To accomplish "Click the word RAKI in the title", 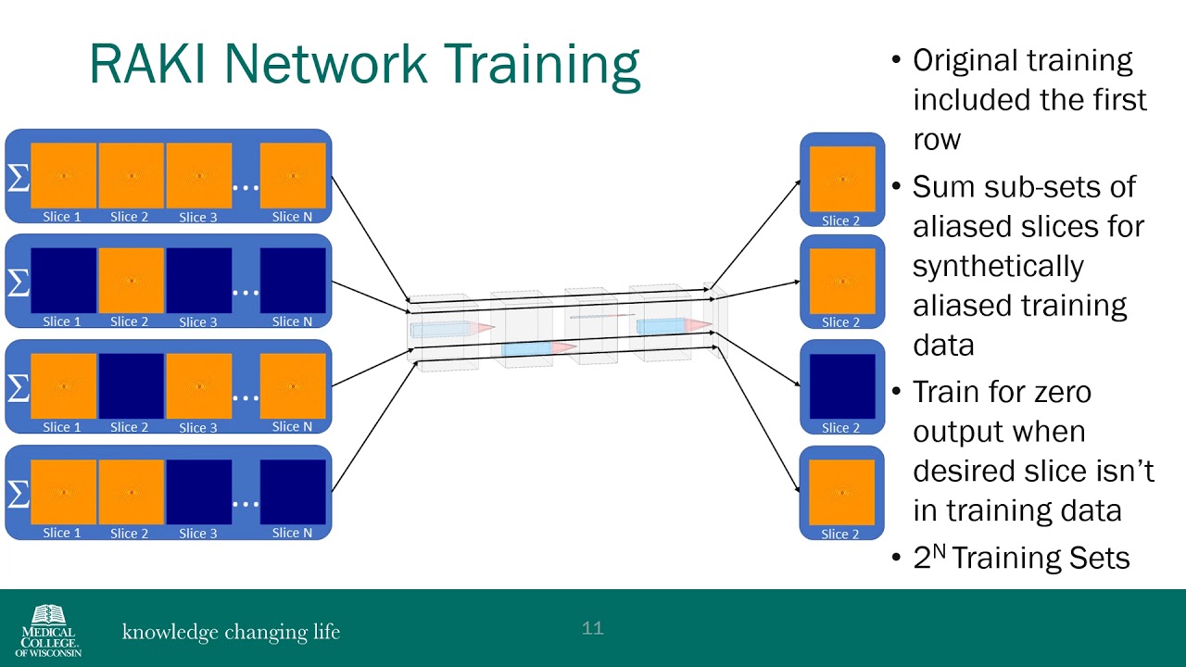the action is tap(147, 64).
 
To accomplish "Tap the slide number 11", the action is tap(592, 628).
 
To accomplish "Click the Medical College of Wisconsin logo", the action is tap(49, 631).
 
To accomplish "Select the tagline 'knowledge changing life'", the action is tap(231, 632).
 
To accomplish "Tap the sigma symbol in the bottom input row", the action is tap(19, 494).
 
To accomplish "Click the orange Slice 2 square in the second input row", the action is tap(132, 281).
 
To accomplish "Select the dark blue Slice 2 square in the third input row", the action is tap(132, 386).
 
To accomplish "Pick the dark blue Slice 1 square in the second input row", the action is tap(64, 281).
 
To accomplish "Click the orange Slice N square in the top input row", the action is tap(293, 176).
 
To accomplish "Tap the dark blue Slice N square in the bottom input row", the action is tap(293, 492).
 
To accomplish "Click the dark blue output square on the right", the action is tap(842, 386).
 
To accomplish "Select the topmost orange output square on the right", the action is tap(842, 179).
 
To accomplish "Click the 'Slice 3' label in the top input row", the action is tap(198, 217).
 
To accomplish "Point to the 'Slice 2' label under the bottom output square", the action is tap(840, 535).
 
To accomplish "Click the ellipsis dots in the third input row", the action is tap(246, 398).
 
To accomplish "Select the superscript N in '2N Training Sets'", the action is tap(939, 551).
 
